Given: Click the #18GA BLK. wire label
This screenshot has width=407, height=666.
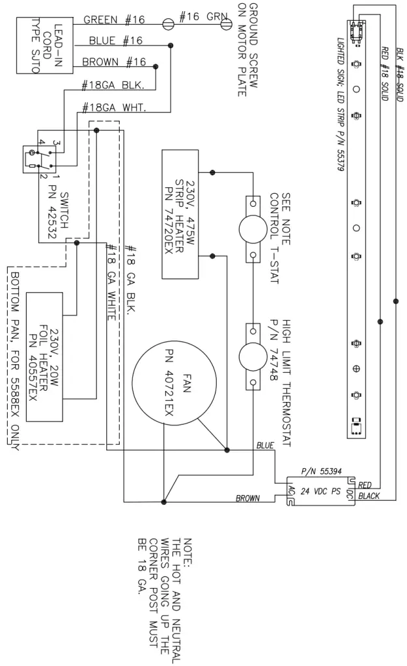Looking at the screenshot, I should pos(118,85).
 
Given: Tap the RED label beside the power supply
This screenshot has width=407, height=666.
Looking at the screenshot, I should pos(365,485).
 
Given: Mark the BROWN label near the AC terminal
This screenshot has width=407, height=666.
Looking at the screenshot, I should pos(248,498).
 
